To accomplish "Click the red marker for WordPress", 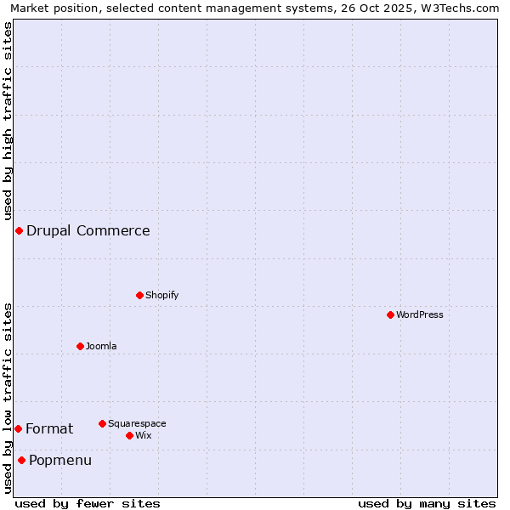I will [x=390, y=314].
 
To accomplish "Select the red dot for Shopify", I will [x=139, y=295].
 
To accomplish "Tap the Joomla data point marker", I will [x=80, y=346].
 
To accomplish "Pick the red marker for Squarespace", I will [x=102, y=423].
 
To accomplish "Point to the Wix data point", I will [x=129, y=435].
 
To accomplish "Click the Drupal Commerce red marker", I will [x=19, y=230].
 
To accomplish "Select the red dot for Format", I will [x=18, y=428].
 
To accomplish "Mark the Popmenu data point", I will [x=21, y=460].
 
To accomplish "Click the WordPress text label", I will [x=420, y=314].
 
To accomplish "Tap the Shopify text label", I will [x=162, y=295].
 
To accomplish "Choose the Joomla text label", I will [x=101, y=346].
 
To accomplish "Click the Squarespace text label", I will [x=137, y=423].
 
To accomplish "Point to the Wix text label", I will [x=144, y=435].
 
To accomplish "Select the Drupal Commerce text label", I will [x=88, y=230].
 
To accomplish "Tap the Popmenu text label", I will [x=60, y=460].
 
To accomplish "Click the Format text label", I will [x=49, y=428].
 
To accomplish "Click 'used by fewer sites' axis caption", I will [x=88, y=503].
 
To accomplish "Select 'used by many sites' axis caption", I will [x=427, y=503].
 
